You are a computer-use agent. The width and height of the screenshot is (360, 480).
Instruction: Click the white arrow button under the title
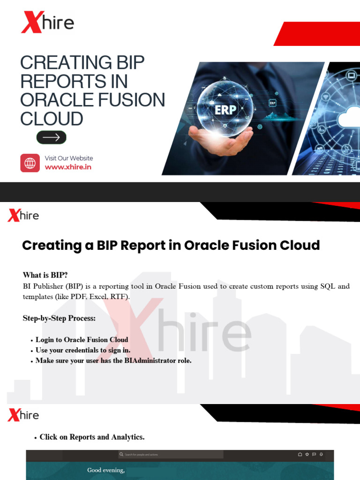pos(52,137)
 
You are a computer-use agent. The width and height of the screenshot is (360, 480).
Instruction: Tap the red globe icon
pos(30,163)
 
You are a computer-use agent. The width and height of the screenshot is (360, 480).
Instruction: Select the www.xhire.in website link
pos(68,167)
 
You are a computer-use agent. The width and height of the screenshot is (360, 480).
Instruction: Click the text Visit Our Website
pos(68,158)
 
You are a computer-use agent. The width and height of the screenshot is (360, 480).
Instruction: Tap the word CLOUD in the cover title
pos(52,119)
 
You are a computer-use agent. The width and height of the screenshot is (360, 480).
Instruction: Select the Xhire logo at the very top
pos(47,22)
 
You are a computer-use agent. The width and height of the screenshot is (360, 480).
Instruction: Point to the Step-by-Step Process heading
pos(59,318)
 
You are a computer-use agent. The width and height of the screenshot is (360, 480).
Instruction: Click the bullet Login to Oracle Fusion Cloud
pos(82,339)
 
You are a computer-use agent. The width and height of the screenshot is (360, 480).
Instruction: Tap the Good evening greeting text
pos(106,470)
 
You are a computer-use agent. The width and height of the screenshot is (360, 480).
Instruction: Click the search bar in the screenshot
pos(171,454)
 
